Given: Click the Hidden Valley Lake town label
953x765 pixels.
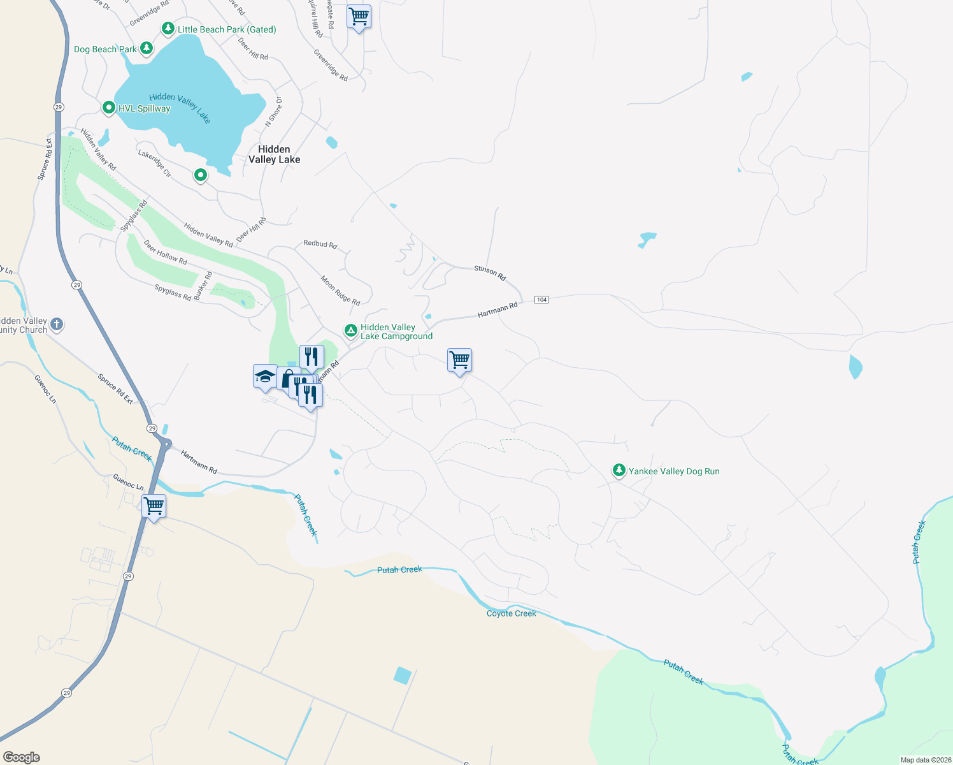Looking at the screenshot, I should click(x=274, y=154).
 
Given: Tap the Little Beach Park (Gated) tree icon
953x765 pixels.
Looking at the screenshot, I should click(x=168, y=29).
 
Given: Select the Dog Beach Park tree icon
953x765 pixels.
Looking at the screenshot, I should click(x=147, y=48).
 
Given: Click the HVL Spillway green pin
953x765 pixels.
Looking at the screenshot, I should click(x=109, y=108).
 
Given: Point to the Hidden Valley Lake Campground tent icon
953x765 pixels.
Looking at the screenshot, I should click(x=350, y=330).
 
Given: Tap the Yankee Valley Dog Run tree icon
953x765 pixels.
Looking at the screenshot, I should click(x=619, y=470).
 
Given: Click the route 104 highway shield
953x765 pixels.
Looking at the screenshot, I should click(x=541, y=300).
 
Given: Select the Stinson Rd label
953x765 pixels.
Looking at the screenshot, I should click(x=490, y=273).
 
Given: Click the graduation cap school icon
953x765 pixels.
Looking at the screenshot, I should click(x=264, y=376).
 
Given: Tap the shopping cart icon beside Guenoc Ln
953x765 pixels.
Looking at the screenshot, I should click(x=154, y=506).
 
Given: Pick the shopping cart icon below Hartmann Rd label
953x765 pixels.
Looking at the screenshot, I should click(x=459, y=360).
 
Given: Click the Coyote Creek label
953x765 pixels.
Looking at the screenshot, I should click(x=512, y=613).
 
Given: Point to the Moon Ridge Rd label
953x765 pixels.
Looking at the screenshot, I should click(x=340, y=290).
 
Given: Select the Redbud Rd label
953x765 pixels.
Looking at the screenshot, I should click(x=320, y=244).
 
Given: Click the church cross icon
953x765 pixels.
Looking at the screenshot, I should click(x=57, y=324).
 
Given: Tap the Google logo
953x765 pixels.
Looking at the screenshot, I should click(x=21, y=757).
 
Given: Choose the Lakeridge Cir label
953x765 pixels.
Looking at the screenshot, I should click(x=155, y=163).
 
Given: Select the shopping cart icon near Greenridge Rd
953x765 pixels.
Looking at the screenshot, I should click(x=359, y=17).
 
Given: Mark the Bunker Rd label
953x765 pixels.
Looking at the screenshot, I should click(x=203, y=286).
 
